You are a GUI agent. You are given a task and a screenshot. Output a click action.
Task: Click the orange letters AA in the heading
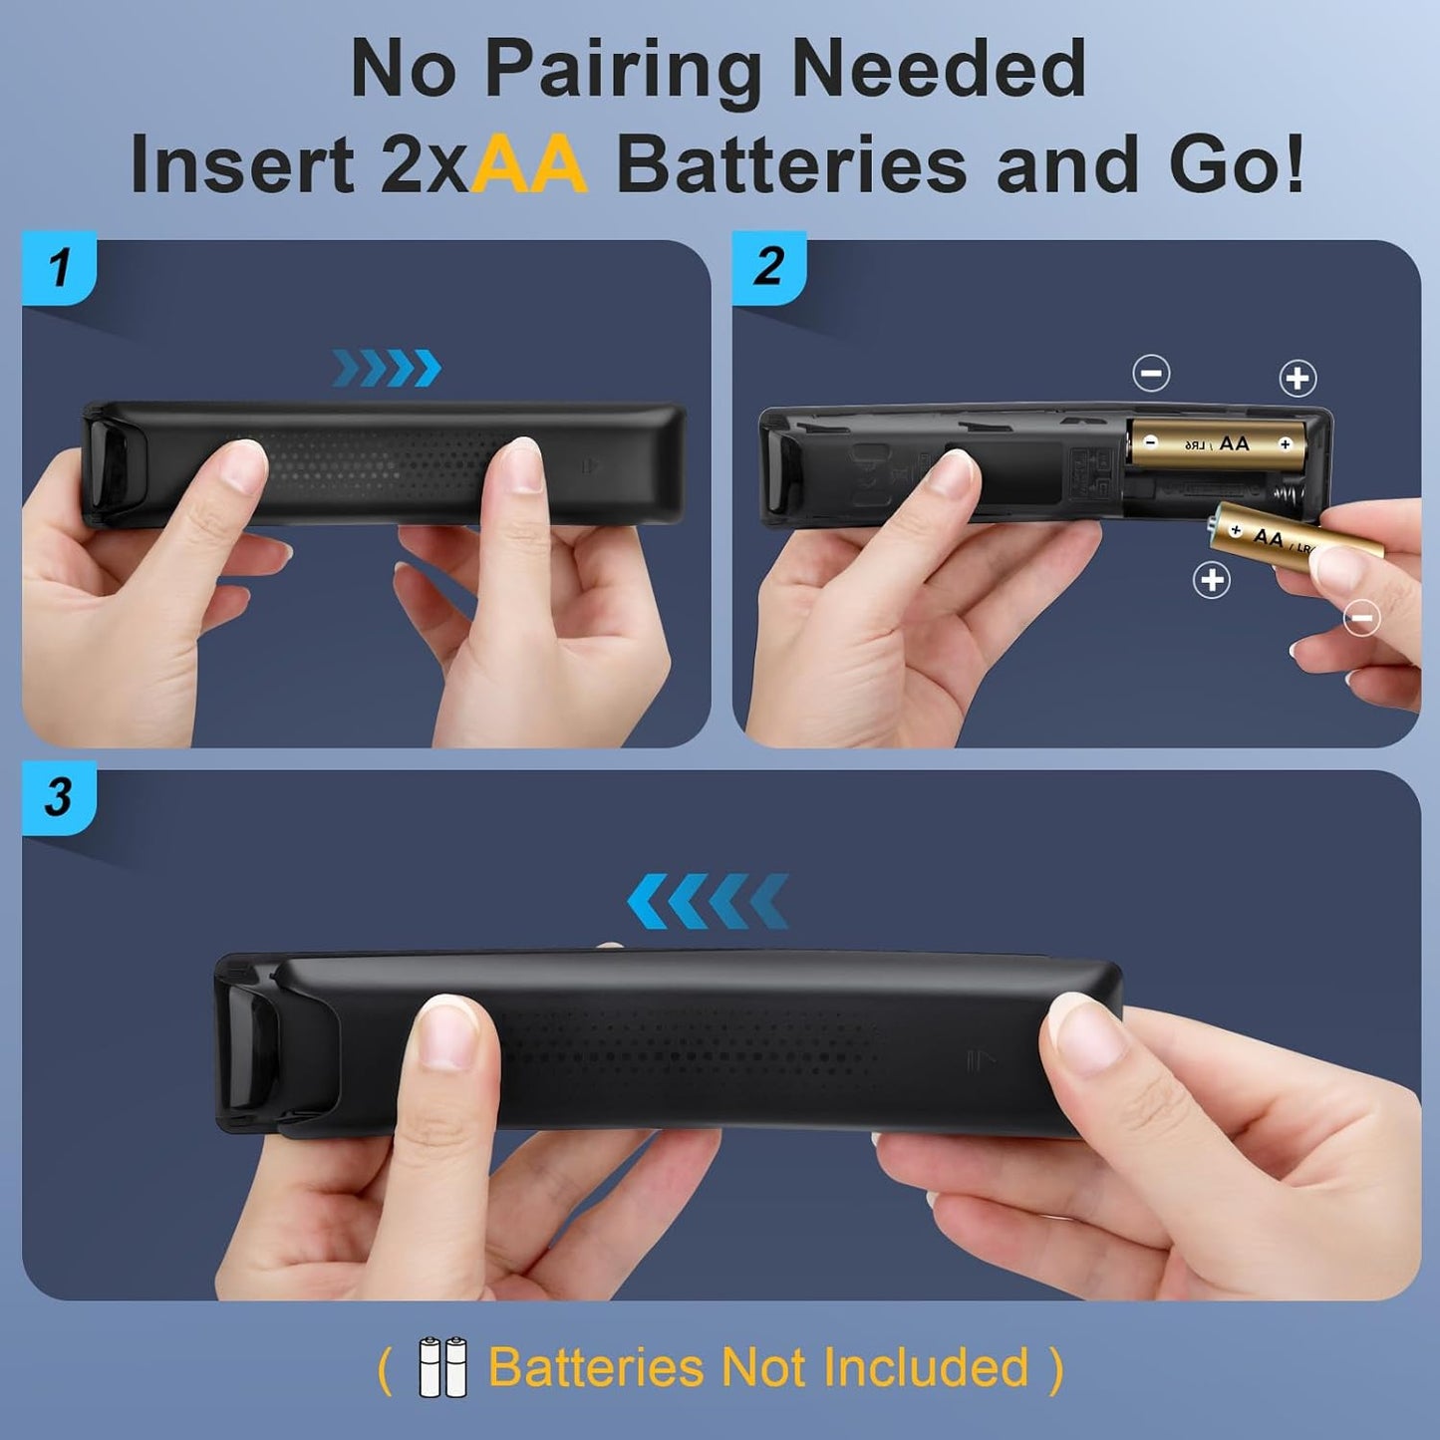tap(528, 165)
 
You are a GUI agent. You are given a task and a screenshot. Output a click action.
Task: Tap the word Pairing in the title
tap(623, 69)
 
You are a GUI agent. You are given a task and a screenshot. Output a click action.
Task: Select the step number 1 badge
tap(60, 267)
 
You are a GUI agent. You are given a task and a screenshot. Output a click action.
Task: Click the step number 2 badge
tap(768, 267)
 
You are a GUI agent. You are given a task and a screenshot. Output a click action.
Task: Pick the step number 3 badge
tap(59, 797)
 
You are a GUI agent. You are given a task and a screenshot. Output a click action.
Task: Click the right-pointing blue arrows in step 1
tap(387, 368)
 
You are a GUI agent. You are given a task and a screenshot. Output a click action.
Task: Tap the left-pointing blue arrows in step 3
tap(708, 901)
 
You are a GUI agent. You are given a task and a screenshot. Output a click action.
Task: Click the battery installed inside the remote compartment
tap(1216, 442)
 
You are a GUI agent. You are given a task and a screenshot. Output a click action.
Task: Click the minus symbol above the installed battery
tap(1151, 374)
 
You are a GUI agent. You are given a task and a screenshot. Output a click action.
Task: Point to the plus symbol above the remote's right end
tap(1297, 378)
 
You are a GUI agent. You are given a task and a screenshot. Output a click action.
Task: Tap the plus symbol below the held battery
tap(1212, 579)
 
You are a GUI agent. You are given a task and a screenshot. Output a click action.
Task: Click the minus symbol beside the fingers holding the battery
tap(1361, 618)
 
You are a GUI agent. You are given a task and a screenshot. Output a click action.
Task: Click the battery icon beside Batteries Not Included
tap(442, 1367)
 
